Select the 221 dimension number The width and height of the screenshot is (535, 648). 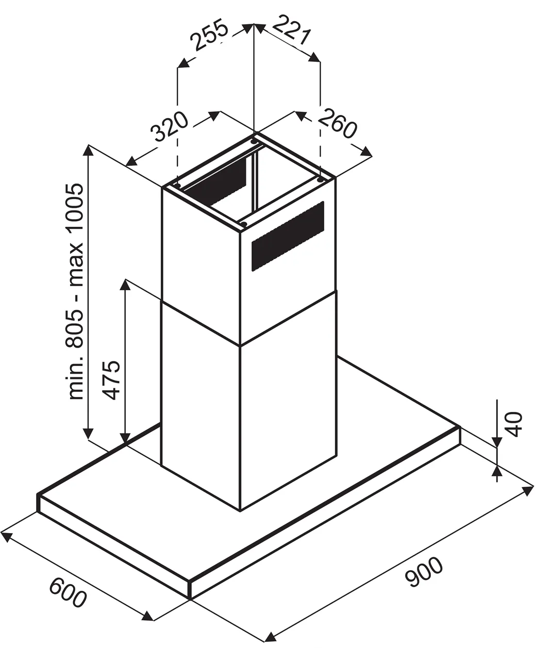tap(292, 29)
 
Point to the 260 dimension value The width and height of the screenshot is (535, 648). tap(338, 123)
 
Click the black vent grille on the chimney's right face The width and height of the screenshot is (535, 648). tap(288, 236)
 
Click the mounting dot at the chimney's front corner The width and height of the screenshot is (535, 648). tap(244, 223)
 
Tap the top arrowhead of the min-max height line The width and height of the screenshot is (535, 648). tap(89, 151)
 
